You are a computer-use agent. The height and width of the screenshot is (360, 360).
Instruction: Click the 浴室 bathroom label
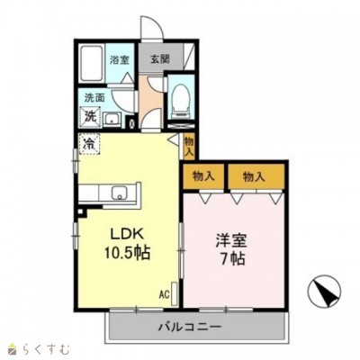pos(120,59)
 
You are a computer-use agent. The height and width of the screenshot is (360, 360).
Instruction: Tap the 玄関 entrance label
pos(158,59)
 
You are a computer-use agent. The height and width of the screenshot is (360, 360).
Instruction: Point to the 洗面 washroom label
pos(94,95)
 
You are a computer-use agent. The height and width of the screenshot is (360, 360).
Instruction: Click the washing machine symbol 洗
pos(91,115)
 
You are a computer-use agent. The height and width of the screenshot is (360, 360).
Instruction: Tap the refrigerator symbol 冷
pos(91,142)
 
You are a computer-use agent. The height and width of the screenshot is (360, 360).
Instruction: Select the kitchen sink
pos(118,193)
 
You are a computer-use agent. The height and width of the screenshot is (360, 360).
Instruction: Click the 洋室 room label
pos(229,240)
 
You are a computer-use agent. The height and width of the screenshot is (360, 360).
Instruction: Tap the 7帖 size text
pos(229,260)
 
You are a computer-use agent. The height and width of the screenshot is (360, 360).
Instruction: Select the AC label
pos(165,294)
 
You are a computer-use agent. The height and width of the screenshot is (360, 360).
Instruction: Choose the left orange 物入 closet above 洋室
pos(203,175)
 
